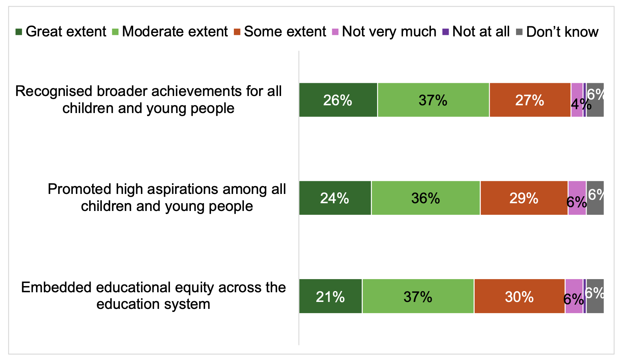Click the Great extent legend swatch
point(19,32)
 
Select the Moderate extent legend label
point(175,32)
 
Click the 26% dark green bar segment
point(338,100)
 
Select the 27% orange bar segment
point(530,100)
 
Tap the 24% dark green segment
point(335,198)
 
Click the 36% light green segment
point(425,198)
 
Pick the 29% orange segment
point(524,198)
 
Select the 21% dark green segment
point(330,296)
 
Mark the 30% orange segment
point(519,296)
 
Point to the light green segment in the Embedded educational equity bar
point(418,296)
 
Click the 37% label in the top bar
point(433,100)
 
